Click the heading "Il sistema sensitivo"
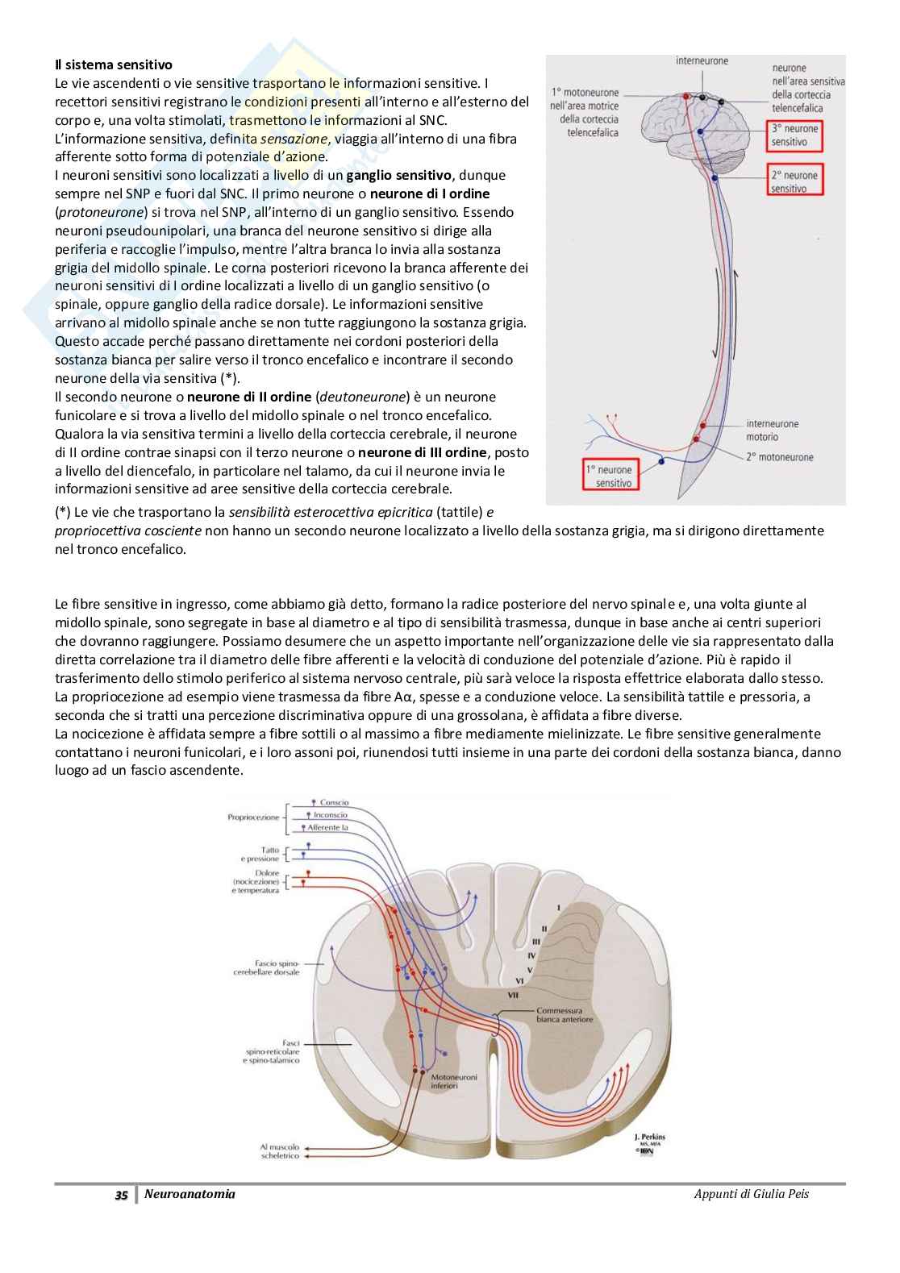click(113, 64)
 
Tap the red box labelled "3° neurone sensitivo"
click(795, 135)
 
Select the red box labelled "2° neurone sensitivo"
click(795, 181)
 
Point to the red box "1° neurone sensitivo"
click(614, 476)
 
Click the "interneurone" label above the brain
click(702, 60)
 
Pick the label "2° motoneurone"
click(780, 457)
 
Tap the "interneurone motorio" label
click(772, 430)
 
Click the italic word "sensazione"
click(294, 139)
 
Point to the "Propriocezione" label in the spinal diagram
click(253, 817)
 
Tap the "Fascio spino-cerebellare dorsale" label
click(267, 967)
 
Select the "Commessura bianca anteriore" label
click(564, 1014)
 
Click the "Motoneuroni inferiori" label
click(453, 1081)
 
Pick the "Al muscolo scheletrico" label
click(280, 1150)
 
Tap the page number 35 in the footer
click(121, 1195)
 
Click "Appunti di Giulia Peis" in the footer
click(751, 1194)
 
